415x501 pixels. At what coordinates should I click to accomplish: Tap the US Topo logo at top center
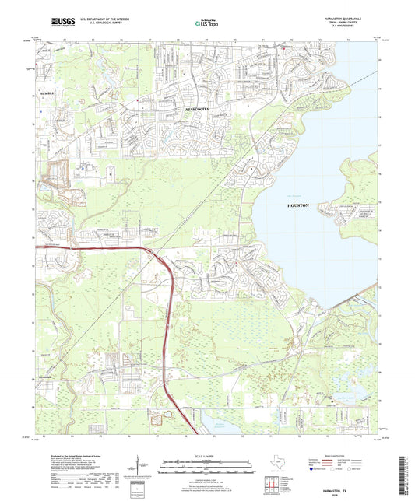coord(203,24)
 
